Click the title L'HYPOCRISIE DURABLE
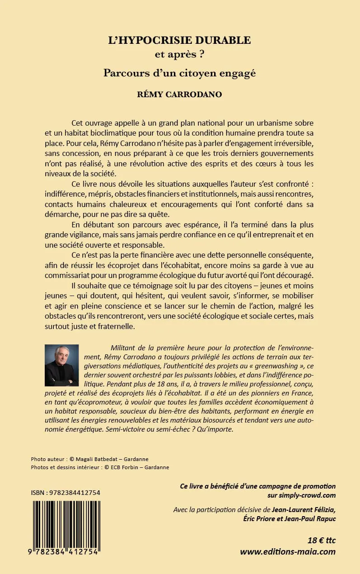pyautogui.click(x=179, y=40)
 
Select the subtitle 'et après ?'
pyautogui.click(x=179, y=56)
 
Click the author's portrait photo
pyautogui.click(x=62, y=365)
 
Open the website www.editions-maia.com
pyautogui.click(x=288, y=551)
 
